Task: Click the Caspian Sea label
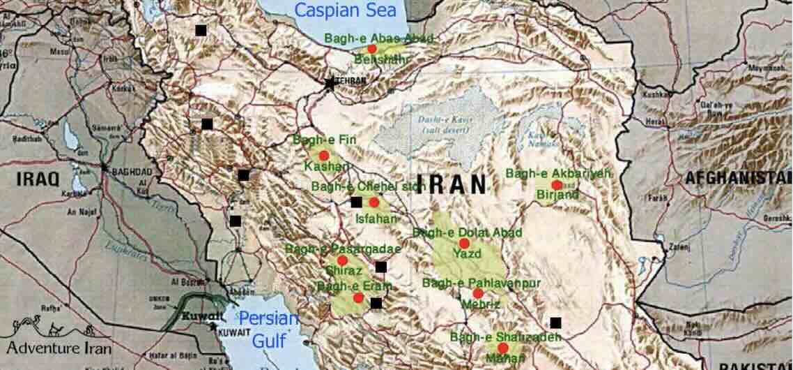346,10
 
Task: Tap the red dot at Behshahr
371,49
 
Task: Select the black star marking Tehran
330,83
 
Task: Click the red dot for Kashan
323,155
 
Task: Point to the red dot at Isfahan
374,202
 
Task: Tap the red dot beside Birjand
556,185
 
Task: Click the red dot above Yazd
464,243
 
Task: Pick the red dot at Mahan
502,348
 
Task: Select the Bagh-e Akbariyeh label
557,173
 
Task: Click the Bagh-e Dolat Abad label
457,232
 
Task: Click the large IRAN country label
456,184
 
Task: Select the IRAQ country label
38,179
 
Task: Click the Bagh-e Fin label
325,140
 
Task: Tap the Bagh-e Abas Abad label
379,38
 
